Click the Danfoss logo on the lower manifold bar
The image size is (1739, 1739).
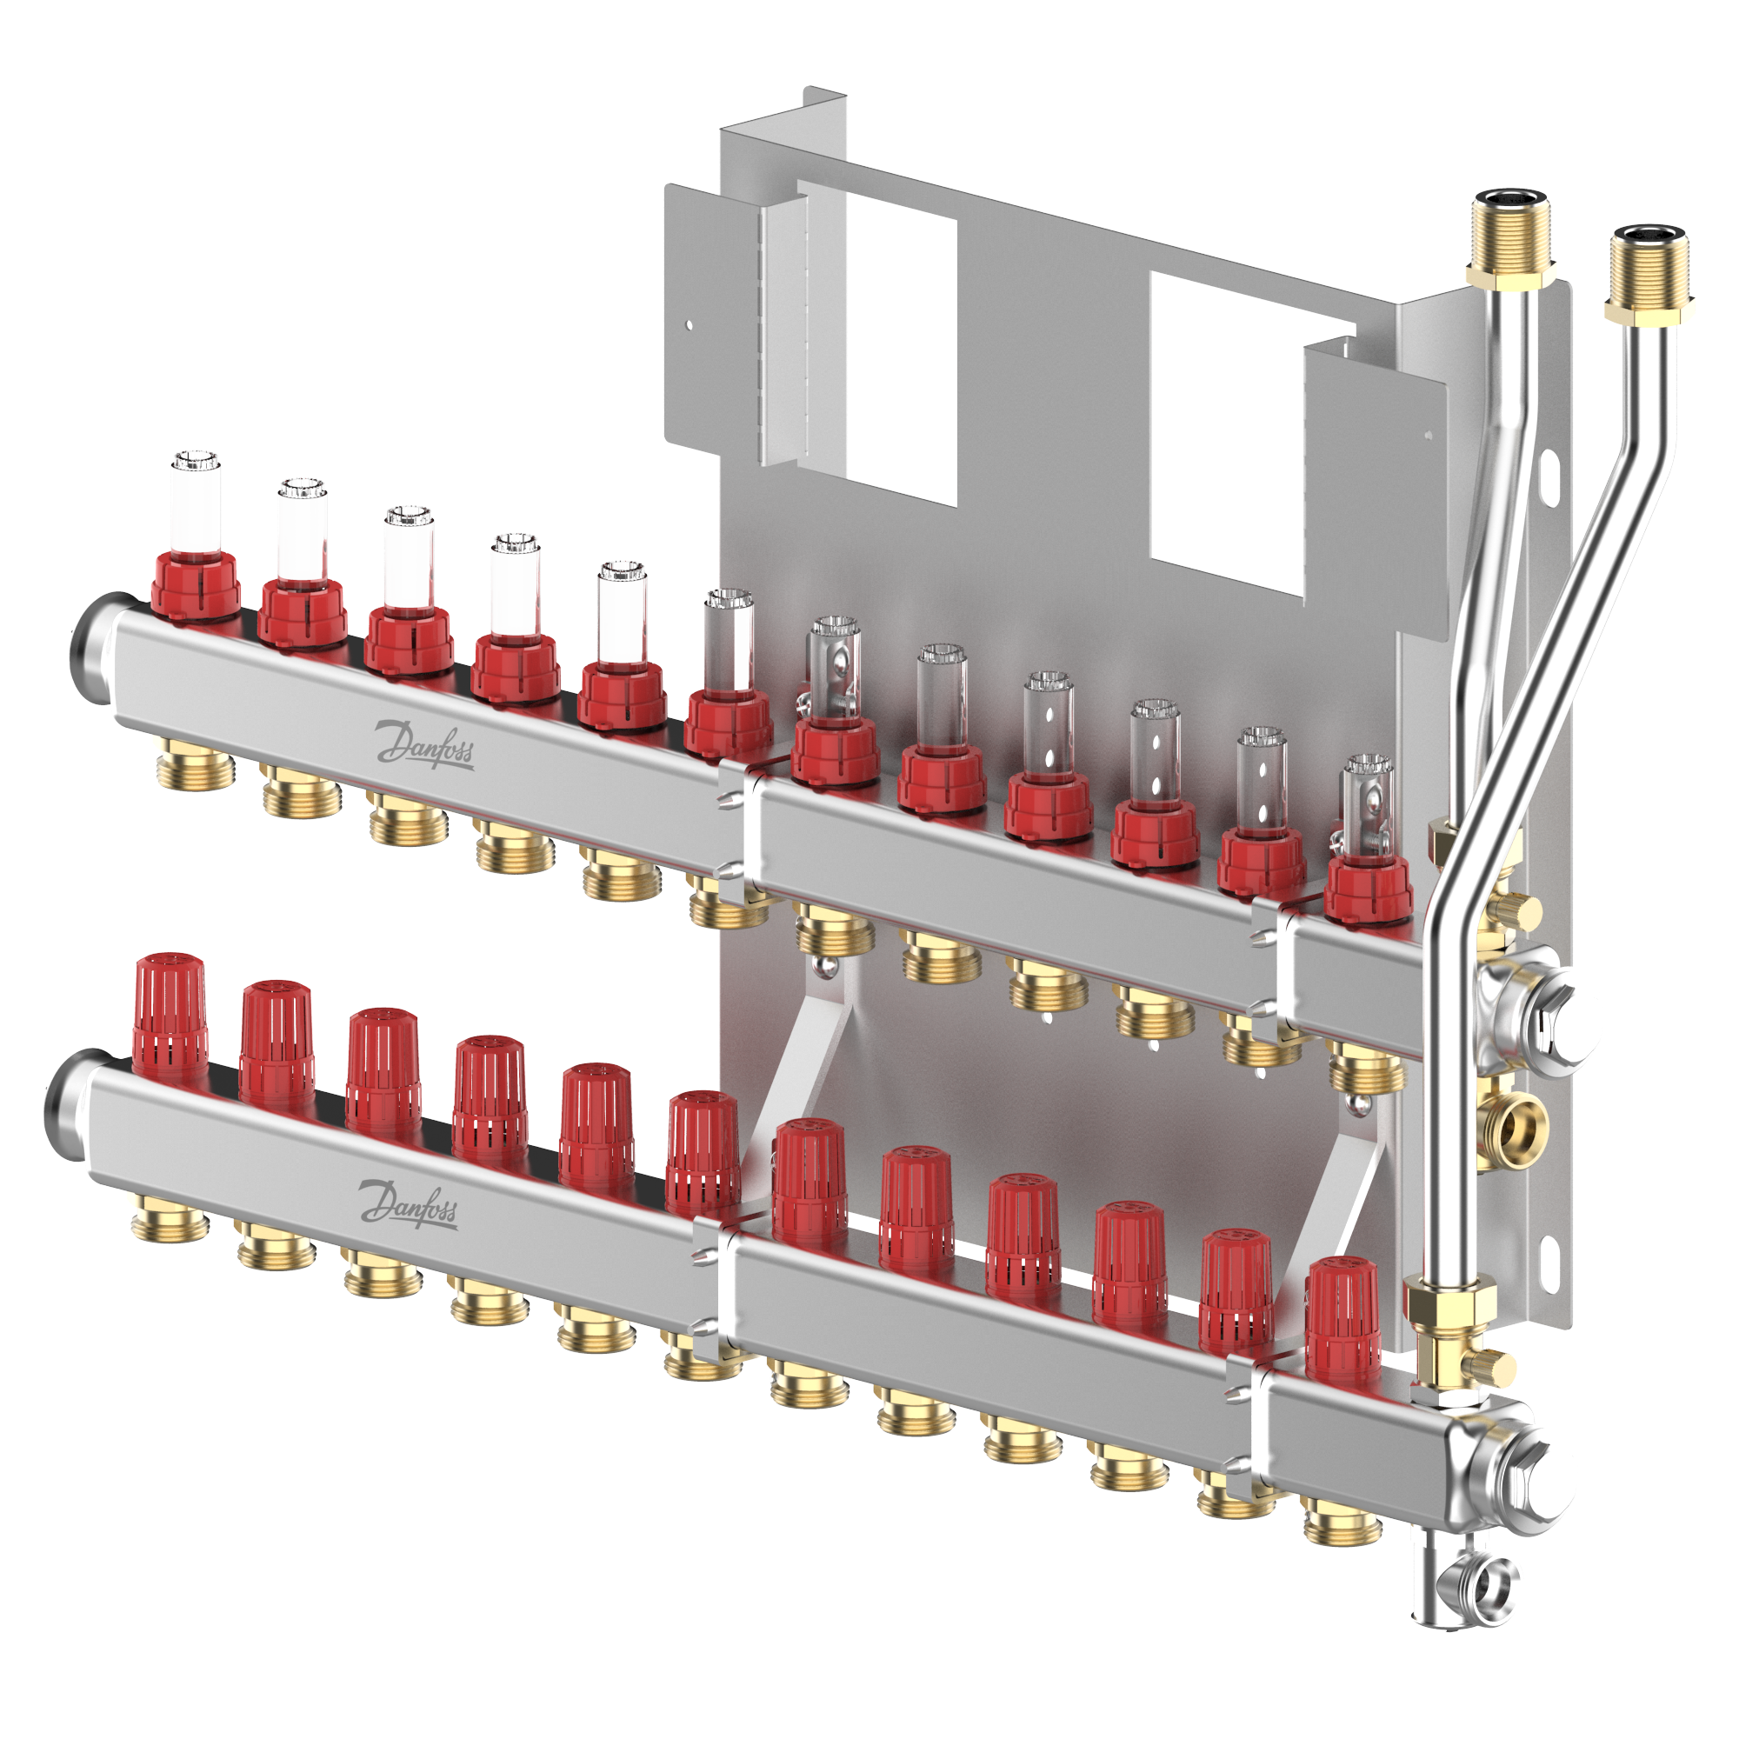pyautogui.click(x=409, y=1203)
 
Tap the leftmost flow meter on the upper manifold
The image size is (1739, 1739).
pyautogui.click(x=196, y=537)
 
